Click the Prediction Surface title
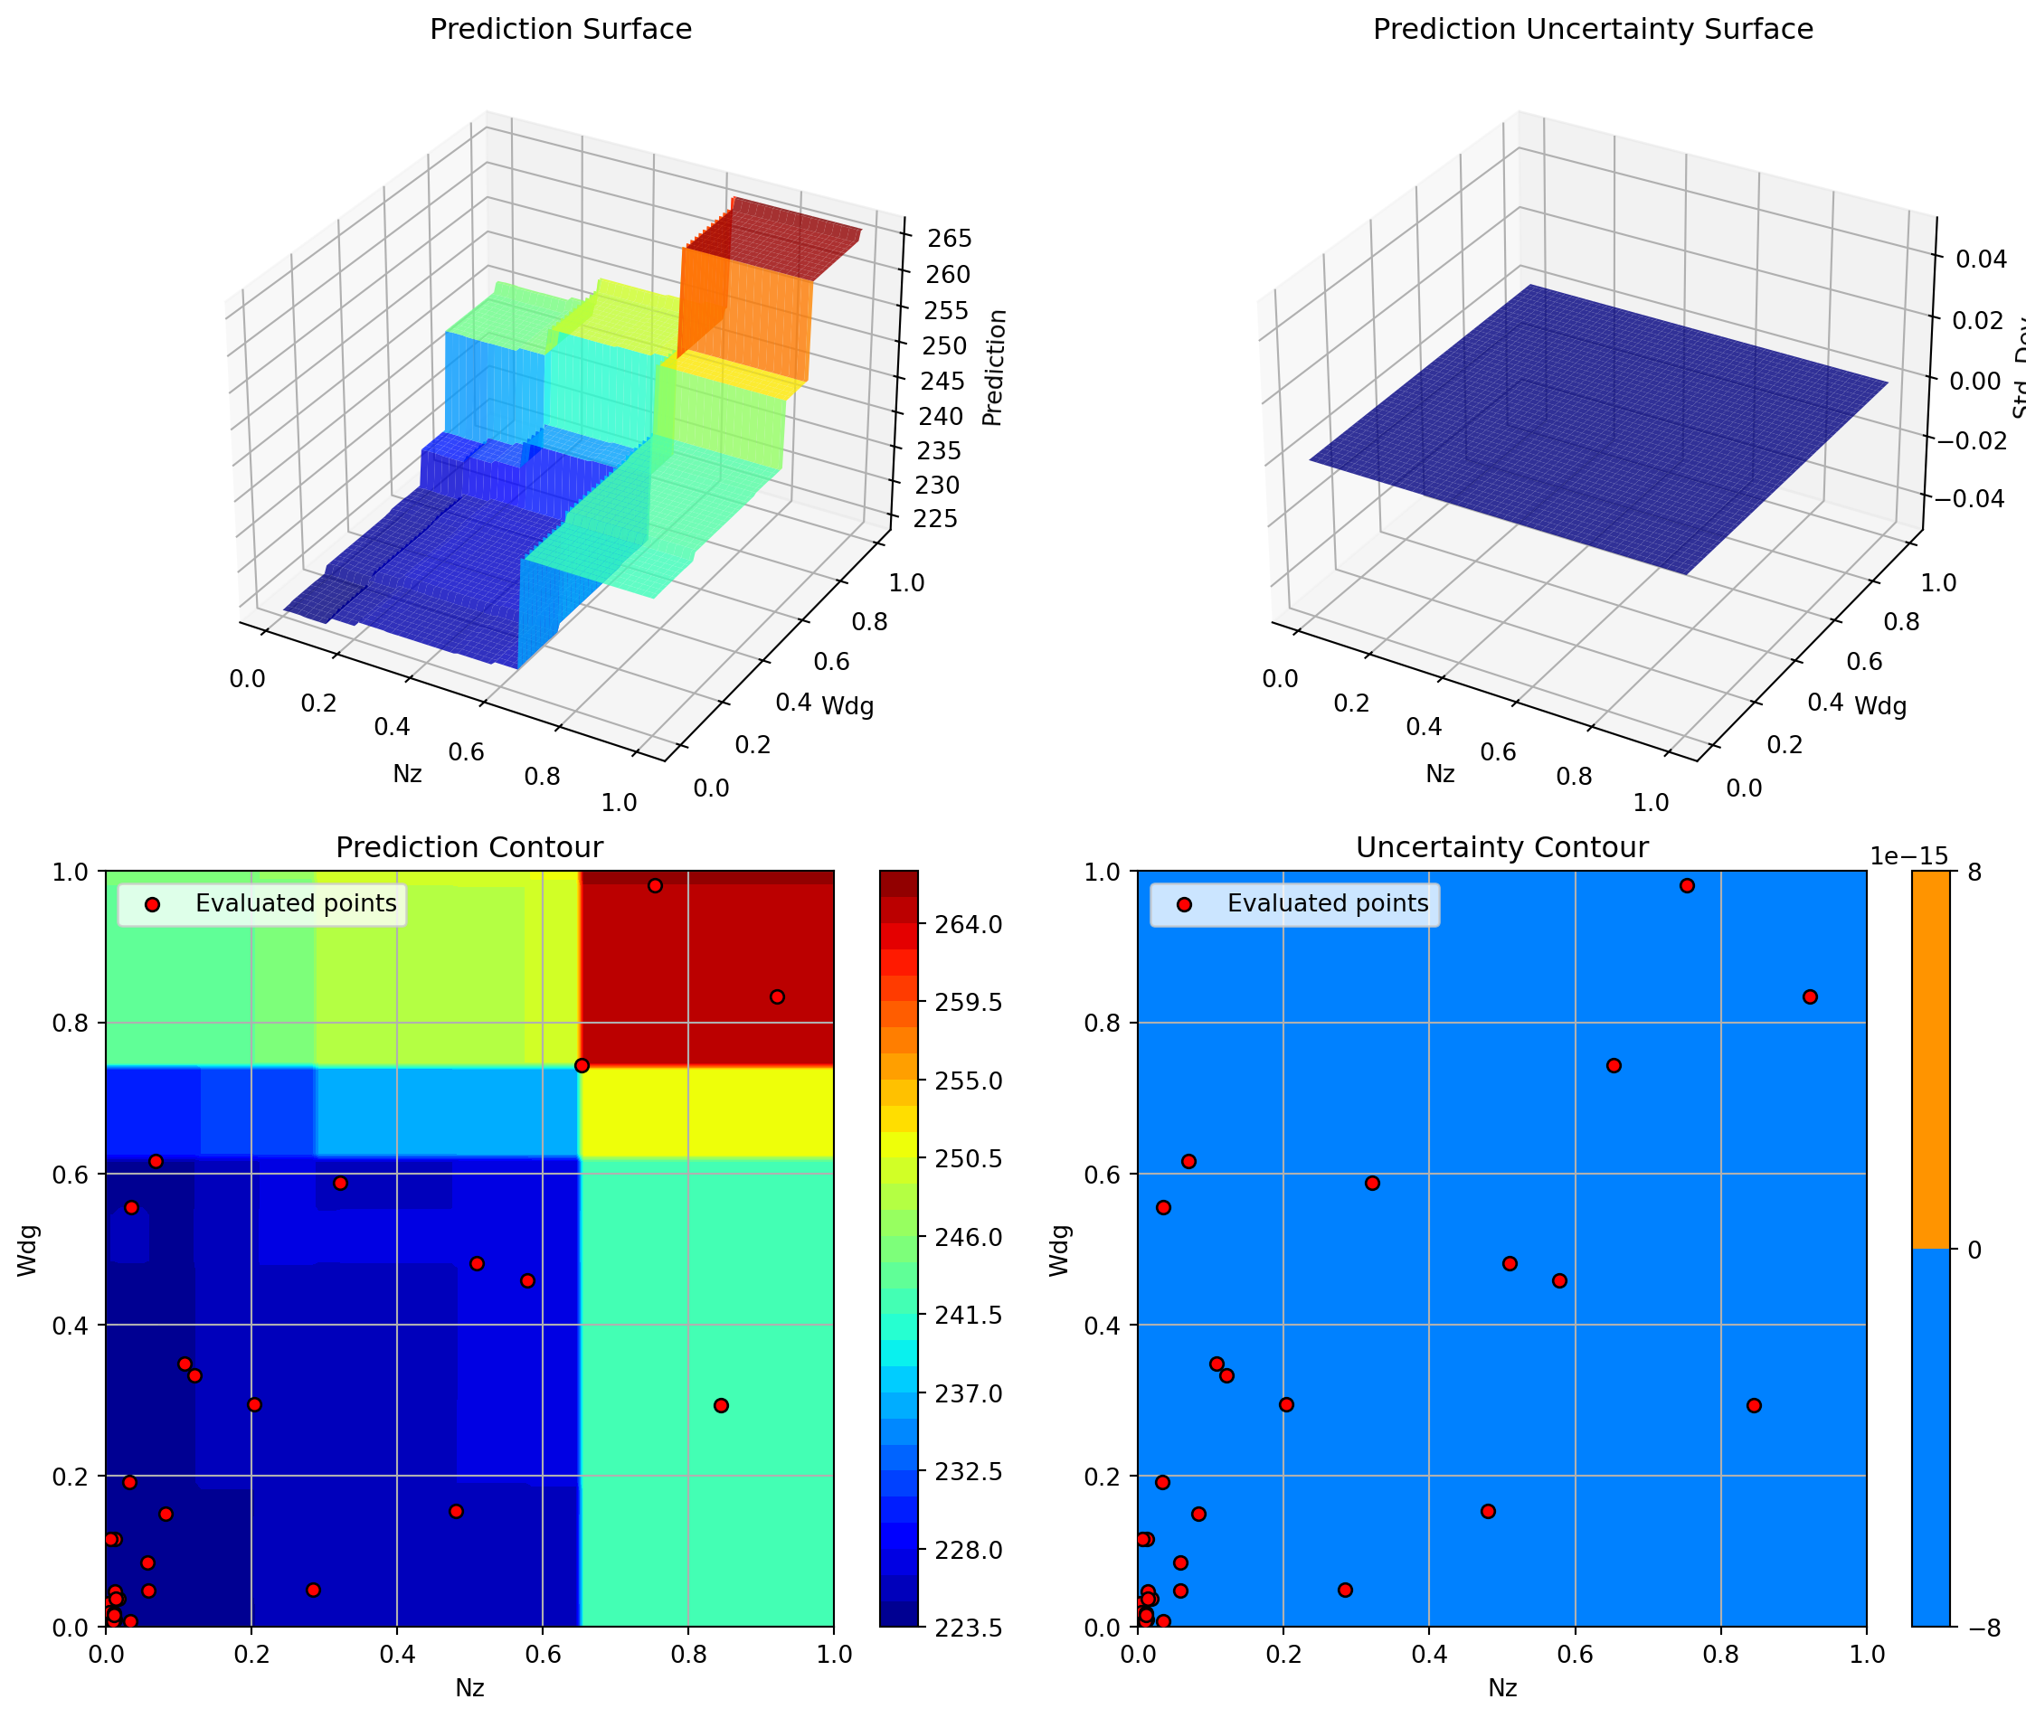tap(560, 29)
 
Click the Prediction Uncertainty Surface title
tap(1593, 29)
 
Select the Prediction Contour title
tap(469, 847)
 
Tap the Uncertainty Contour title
tap(1501, 847)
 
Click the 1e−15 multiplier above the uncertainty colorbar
tap(1908, 856)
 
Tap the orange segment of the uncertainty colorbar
tap(1930, 1059)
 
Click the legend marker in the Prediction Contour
tap(152, 905)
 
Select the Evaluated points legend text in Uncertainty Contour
tap(1328, 904)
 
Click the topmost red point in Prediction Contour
tap(656, 885)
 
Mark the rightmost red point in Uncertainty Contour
tap(1810, 996)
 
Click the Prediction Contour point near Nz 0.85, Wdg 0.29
tap(721, 1405)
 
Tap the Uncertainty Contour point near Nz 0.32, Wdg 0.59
tap(1372, 1184)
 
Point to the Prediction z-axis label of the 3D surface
tap(992, 367)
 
